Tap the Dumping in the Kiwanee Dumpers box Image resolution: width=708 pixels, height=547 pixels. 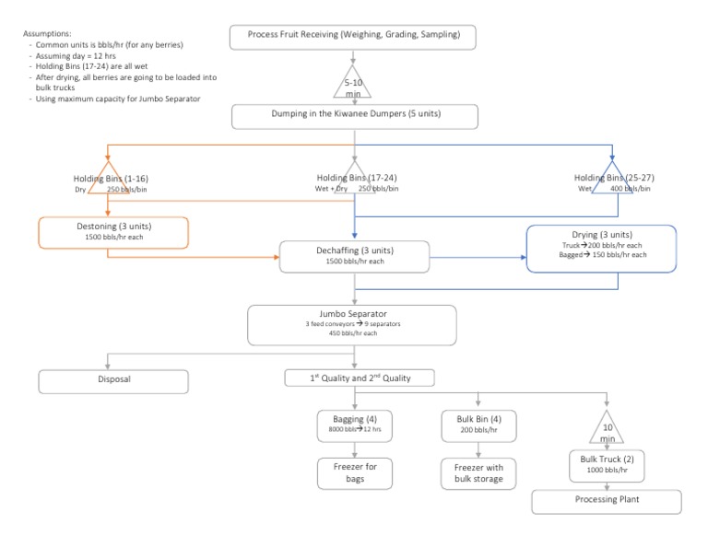tap(355, 116)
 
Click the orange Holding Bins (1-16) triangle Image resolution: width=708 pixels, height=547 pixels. tap(108, 180)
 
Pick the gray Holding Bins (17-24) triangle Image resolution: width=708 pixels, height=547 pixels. tap(355, 180)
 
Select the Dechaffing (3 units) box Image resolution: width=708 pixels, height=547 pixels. tap(355, 256)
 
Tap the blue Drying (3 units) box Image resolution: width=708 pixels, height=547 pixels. tap(601, 248)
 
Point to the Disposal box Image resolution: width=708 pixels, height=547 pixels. tap(113, 380)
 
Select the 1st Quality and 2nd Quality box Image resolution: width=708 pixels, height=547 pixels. tap(359, 378)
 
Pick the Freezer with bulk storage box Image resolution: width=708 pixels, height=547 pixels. tap(478, 472)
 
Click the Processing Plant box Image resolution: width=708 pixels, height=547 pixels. tap(606, 501)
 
